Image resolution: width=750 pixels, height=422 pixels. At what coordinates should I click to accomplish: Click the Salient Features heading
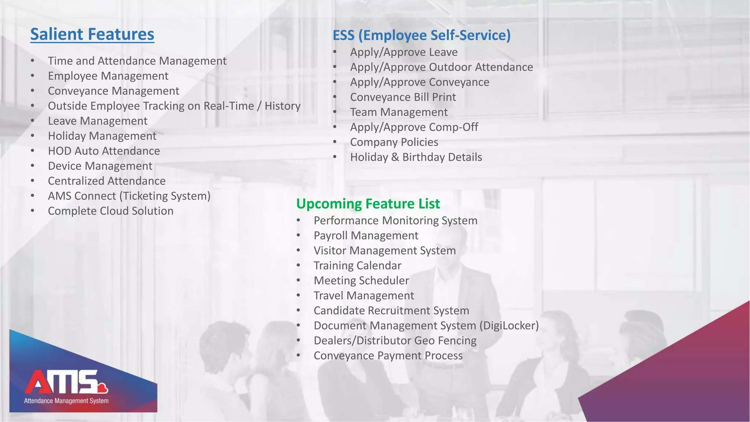[x=92, y=34]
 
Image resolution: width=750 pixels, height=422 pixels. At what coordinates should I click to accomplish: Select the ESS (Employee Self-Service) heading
[x=421, y=36]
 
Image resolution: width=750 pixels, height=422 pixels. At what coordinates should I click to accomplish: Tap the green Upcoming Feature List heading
[x=368, y=204]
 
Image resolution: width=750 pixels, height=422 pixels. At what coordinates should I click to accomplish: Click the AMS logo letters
[x=62, y=382]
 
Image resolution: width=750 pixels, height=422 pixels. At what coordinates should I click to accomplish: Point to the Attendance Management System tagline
[x=66, y=401]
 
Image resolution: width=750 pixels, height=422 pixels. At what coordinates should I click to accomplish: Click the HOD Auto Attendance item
[x=104, y=151]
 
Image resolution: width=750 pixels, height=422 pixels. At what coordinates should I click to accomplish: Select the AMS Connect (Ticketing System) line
[x=129, y=196]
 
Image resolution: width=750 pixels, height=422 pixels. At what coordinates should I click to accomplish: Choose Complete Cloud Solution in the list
[x=110, y=211]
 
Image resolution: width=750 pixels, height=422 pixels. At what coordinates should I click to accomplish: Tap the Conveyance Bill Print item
[x=403, y=97]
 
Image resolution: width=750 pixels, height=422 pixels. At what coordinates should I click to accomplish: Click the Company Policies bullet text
[x=394, y=142]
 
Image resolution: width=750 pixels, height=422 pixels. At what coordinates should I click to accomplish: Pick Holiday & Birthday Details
[x=416, y=157]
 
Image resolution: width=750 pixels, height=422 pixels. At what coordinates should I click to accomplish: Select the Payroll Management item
[x=365, y=236]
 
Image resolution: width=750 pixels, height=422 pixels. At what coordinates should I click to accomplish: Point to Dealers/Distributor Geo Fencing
[x=395, y=341]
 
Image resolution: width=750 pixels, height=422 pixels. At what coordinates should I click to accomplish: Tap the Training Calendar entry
[x=357, y=266]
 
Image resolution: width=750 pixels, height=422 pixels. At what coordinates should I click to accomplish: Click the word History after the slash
[x=282, y=106]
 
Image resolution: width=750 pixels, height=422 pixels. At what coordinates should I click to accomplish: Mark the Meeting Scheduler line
[x=361, y=281]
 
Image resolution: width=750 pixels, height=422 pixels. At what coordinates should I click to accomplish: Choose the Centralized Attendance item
[x=107, y=181]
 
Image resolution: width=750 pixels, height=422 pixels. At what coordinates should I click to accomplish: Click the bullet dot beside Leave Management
[x=33, y=121]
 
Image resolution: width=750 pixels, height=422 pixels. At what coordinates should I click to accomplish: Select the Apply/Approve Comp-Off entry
[x=414, y=127]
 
